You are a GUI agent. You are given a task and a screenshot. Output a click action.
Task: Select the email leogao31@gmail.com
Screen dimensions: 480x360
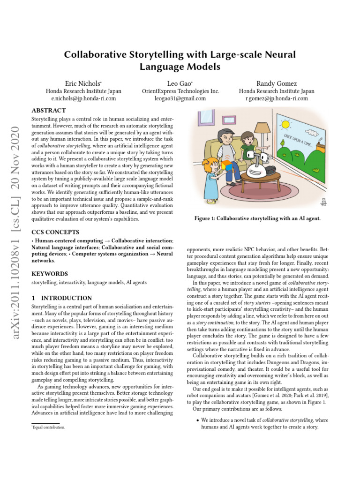click(180, 99)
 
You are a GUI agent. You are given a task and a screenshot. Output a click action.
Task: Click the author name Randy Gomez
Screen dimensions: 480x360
click(277, 83)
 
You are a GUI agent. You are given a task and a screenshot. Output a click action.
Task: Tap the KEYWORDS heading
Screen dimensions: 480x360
click(49, 274)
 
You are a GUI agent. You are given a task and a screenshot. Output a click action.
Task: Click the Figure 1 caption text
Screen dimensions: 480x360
click(260, 218)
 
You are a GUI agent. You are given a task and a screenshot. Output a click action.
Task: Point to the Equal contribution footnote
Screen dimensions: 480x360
click(48, 427)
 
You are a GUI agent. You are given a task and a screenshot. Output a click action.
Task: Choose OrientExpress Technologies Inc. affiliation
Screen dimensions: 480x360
click(180, 91)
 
